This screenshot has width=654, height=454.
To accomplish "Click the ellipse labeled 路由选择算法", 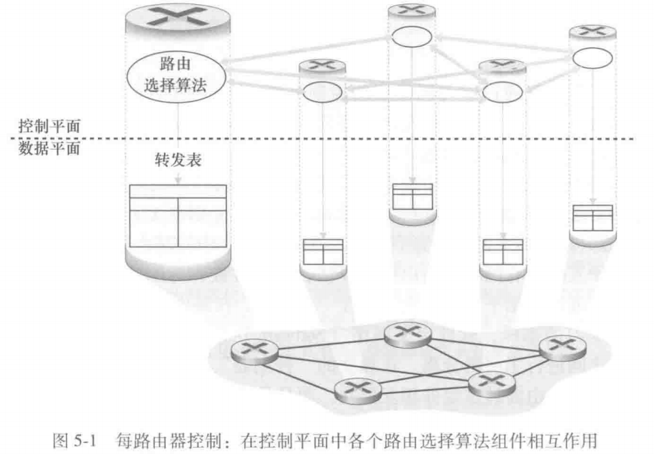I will (x=178, y=77).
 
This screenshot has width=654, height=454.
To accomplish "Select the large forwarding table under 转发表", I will (x=178, y=216).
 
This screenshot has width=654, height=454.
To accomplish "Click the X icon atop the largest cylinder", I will (x=178, y=16).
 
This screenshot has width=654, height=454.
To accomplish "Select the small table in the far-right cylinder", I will (x=592, y=218).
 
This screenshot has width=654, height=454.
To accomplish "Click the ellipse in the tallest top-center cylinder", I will (x=411, y=36).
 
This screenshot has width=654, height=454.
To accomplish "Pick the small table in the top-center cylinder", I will (x=411, y=196).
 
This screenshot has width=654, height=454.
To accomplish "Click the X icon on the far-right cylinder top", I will (x=593, y=31).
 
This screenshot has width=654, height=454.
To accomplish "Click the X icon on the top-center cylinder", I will (x=411, y=10).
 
